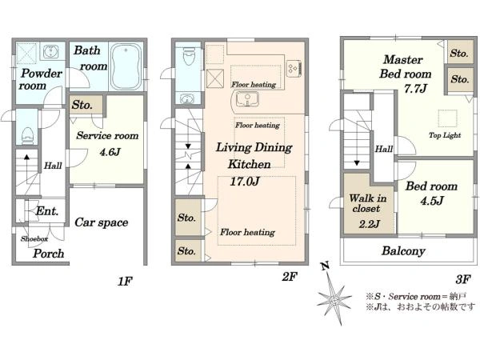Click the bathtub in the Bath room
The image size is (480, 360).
tap(126, 66)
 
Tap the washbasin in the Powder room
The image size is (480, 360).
tap(50, 52)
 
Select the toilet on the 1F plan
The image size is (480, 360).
tap(27, 135)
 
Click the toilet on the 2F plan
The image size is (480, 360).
tap(188, 56)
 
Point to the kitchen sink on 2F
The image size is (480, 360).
tap(247, 99)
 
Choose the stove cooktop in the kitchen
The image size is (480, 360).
tap(294, 68)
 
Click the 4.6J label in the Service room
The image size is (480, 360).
tap(110, 152)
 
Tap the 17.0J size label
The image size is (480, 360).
tap(245, 182)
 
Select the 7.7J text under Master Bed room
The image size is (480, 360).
tap(415, 89)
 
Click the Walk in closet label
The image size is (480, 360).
tap(367, 203)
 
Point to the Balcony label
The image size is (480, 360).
tap(403, 251)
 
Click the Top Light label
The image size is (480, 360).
tap(445, 135)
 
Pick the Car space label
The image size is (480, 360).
tap(102, 222)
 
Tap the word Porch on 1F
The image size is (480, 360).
tap(48, 254)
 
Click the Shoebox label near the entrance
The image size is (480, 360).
tap(34, 238)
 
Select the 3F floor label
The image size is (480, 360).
tap(463, 279)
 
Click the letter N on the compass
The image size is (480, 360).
tap(325, 266)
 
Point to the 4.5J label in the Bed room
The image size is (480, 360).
tap(432, 201)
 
